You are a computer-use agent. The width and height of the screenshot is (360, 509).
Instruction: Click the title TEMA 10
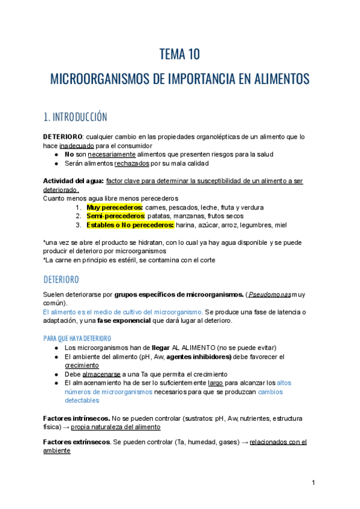pyautogui.click(x=179, y=55)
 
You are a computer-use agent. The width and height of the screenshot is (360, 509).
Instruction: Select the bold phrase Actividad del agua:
pyautogui.click(x=73, y=181)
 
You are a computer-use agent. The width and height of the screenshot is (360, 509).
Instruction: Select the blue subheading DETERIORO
pyautogui.click(x=61, y=280)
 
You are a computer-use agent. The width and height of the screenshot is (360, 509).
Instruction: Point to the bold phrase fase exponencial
pyautogui.click(x=124, y=321)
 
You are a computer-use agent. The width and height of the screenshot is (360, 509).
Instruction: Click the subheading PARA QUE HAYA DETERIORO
pyautogui.click(x=77, y=338)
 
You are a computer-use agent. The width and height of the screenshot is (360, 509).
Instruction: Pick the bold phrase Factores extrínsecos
pyautogui.click(x=77, y=442)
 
